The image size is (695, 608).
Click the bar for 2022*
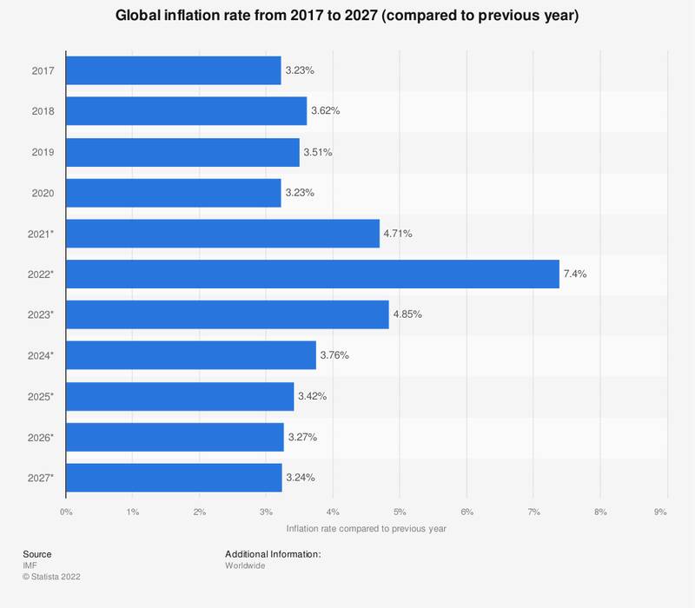pyautogui.click(x=313, y=274)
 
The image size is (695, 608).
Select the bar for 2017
pyautogui.click(x=174, y=70)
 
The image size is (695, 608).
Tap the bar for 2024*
pyautogui.click(x=191, y=355)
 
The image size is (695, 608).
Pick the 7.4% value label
pyautogui.click(x=576, y=274)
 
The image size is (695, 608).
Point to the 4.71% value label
pyautogui.click(x=400, y=234)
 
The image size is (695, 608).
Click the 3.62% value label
pyautogui.click(x=325, y=111)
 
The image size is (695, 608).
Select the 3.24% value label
pyautogui.click(x=301, y=478)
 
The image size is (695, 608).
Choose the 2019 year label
pyautogui.click(x=42, y=152)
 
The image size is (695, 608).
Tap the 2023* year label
pyautogui.click(x=40, y=314)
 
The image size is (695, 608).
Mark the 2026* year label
pyautogui.click(x=40, y=437)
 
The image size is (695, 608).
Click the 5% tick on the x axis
pyautogui.click(x=400, y=512)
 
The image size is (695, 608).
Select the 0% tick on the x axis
pyautogui.click(x=66, y=512)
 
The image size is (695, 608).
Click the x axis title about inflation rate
pyautogui.click(x=366, y=528)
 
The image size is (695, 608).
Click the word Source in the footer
pyautogui.click(x=37, y=554)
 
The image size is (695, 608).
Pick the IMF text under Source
pyautogui.click(x=30, y=565)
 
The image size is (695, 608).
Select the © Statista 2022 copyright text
pyautogui.click(x=57, y=576)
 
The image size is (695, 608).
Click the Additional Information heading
pyautogui.click(x=273, y=554)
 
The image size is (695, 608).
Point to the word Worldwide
pyautogui.click(x=245, y=565)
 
